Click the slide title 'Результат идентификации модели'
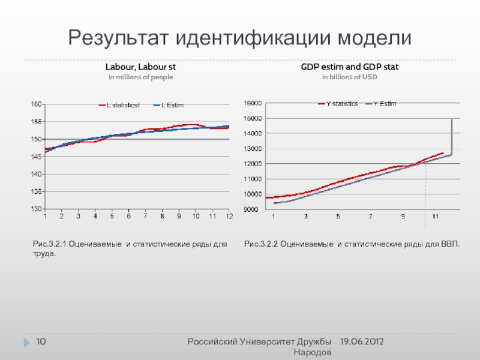[240, 38]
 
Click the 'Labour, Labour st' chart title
[140, 67]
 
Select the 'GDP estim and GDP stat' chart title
[349, 67]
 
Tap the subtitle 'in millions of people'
[140, 77]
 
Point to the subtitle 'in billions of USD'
[349, 77]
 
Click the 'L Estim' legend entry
[172, 106]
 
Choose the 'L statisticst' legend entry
[123, 106]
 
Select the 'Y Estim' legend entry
[385, 104]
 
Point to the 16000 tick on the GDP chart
[251, 103]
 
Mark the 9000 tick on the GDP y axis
[253, 209]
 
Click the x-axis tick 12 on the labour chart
[229, 216]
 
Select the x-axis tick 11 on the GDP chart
[436, 216]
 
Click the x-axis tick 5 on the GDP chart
[338, 216]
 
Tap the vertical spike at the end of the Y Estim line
[451, 137]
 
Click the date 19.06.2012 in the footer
[362, 341]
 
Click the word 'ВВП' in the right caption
[449, 245]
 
